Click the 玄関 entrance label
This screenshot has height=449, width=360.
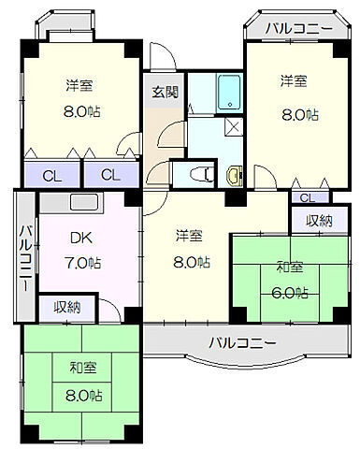[166, 92]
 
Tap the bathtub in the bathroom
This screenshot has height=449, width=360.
[229, 93]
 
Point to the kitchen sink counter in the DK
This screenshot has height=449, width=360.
[77, 203]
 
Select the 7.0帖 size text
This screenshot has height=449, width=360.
[82, 263]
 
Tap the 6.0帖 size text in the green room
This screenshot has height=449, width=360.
[289, 292]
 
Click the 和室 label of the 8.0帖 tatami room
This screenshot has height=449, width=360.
[80, 368]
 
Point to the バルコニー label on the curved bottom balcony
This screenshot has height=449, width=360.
[242, 341]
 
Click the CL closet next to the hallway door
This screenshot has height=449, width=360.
[109, 174]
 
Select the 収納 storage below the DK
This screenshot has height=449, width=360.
[65, 306]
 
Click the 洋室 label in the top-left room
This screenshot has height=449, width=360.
[79, 86]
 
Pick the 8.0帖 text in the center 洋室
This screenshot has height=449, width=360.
[190, 263]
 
